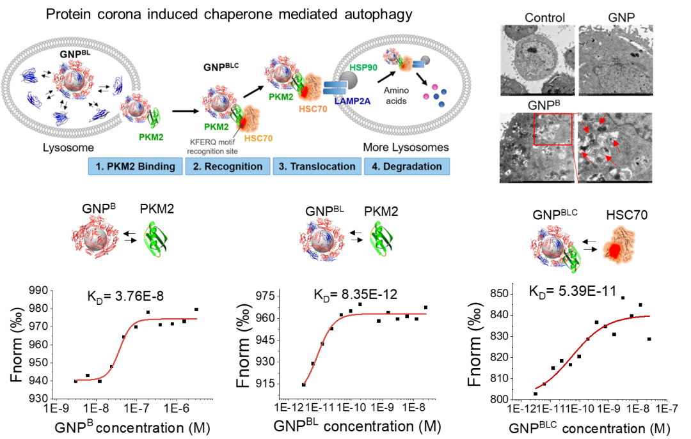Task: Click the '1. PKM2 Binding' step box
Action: tap(135, 167)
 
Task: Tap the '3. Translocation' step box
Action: tap(317, 167)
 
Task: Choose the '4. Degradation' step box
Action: tap(407, 167)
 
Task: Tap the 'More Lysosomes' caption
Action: tap(406, 148)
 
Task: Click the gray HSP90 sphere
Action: tap(348, 81)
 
